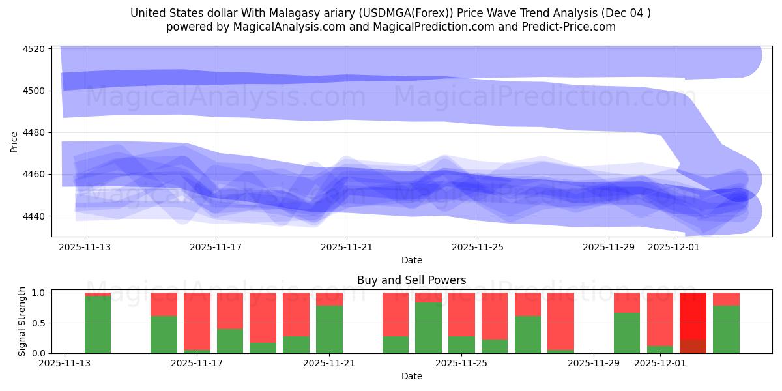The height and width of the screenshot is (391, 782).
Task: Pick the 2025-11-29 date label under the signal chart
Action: pos(593,363)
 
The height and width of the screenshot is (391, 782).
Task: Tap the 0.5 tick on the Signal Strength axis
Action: pos(37,323)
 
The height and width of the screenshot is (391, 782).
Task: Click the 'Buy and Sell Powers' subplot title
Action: pos(411,280)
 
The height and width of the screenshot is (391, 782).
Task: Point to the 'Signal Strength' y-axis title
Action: pos(22,321)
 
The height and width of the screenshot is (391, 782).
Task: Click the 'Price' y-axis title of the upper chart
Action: pos(14,141)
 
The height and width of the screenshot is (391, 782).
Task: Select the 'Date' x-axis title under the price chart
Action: pos(411,260)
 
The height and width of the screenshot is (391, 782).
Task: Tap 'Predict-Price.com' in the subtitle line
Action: pos(573,27)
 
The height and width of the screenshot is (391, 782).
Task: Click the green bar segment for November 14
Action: pos(98,325)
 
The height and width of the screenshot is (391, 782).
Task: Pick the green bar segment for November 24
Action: pos(428,328)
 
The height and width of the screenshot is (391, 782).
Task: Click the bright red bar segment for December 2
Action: pos(693,316)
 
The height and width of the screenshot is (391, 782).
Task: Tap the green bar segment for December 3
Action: pos(726,329)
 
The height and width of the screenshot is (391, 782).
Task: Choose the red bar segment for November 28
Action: pos(560,321)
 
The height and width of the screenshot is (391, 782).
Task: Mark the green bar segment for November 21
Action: pos(329,329)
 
